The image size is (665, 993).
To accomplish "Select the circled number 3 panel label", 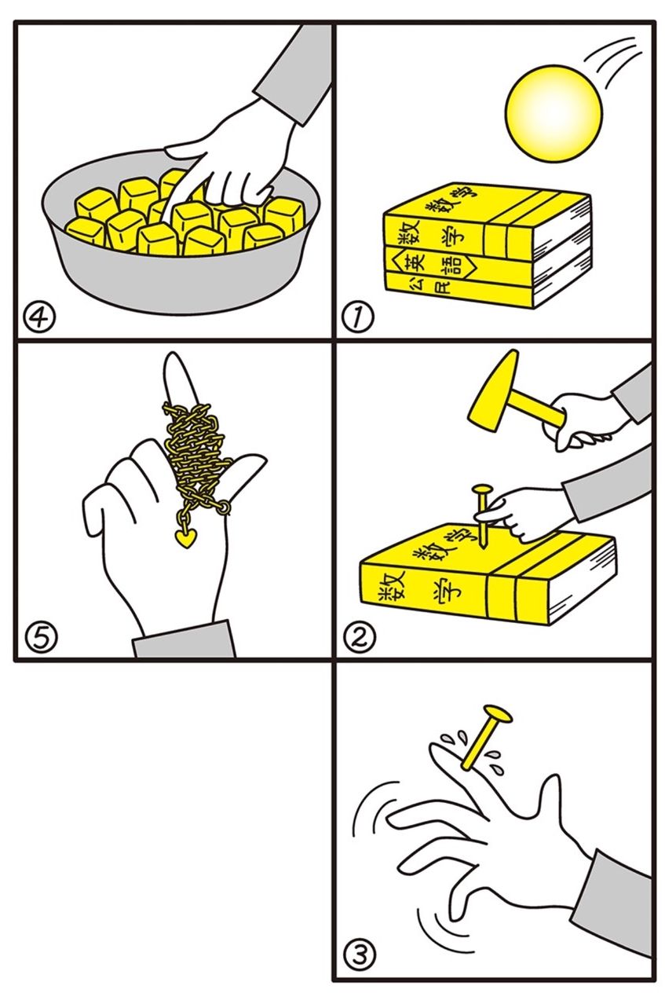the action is [x=359, y=955].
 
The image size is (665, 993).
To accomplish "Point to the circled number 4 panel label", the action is [x=40, y=317].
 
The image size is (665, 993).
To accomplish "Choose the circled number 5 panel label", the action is [x=41, y=638].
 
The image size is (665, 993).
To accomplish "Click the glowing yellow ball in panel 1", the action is [x=554, y=113].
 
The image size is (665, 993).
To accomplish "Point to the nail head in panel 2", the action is [x=483, y=490].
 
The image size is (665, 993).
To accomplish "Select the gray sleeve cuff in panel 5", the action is [x=184, y=639].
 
